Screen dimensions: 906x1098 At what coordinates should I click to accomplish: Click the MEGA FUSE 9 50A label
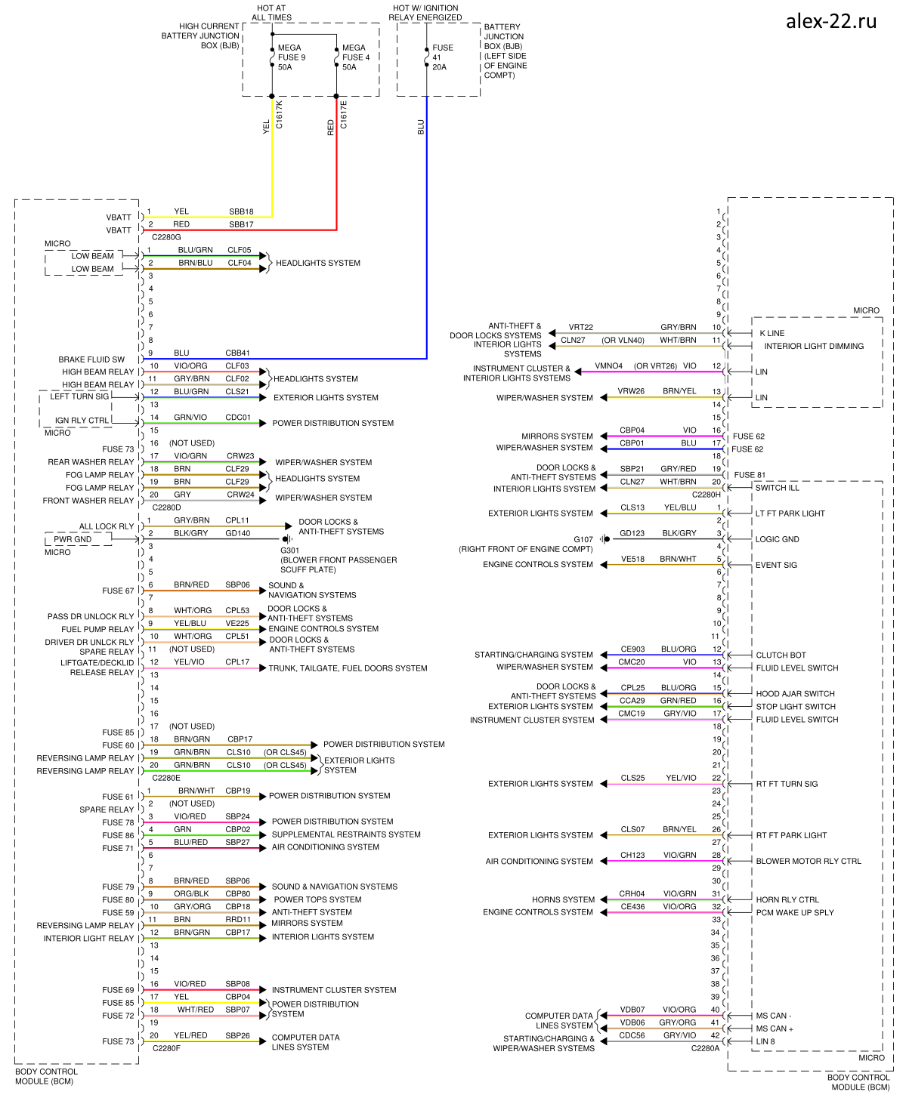point(291,57)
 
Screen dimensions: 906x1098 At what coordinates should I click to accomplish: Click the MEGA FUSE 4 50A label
point(355,57)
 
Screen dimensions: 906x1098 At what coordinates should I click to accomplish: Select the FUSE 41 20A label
point(442,57)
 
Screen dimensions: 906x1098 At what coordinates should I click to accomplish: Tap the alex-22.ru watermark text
point(830,21)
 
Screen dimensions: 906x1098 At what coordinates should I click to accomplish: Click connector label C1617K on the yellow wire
point(280,114)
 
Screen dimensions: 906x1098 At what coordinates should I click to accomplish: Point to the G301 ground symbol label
point(289,551)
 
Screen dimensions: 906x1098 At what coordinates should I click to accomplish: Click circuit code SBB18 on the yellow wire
point(241,211)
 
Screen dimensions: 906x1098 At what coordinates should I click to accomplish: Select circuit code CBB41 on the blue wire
point(237,353)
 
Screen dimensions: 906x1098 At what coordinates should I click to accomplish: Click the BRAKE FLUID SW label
point(91,359)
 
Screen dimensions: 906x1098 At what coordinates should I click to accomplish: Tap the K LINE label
point(771,333)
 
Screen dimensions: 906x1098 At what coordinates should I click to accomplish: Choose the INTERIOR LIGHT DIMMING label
point(813,346)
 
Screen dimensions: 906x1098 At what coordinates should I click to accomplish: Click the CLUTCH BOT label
point(781,655)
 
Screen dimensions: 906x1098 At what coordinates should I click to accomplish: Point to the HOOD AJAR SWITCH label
point(795,693)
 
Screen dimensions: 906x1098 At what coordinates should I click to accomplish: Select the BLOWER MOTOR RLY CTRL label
point(808,861)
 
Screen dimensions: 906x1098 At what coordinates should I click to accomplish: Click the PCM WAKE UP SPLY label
point(794,912)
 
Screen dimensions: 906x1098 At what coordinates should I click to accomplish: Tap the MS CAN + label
point(775,1029)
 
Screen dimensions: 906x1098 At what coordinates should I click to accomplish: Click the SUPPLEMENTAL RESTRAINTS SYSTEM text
point(345,834)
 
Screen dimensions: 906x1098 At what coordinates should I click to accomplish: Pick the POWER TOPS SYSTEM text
point(317,899)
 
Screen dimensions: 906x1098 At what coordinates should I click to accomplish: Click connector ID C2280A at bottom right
point(705,1048)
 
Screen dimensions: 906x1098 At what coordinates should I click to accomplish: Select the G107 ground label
point(583,539)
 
